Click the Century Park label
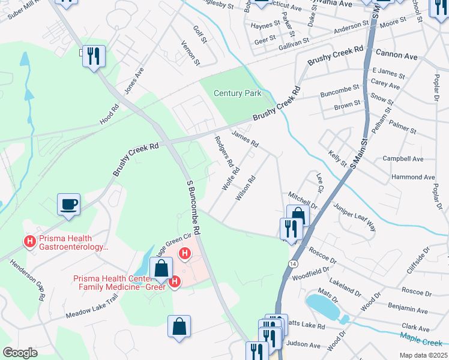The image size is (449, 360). coord(238,93)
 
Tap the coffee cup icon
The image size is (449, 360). coord(69,204)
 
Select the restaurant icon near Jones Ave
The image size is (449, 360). coord(94,56)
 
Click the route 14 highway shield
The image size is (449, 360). coord(292,263)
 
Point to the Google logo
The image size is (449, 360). coord(20,352)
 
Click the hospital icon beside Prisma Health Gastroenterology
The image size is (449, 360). coord(29,241)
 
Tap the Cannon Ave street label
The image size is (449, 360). coord(396,55)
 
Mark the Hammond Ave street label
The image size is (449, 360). coord(412,177)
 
